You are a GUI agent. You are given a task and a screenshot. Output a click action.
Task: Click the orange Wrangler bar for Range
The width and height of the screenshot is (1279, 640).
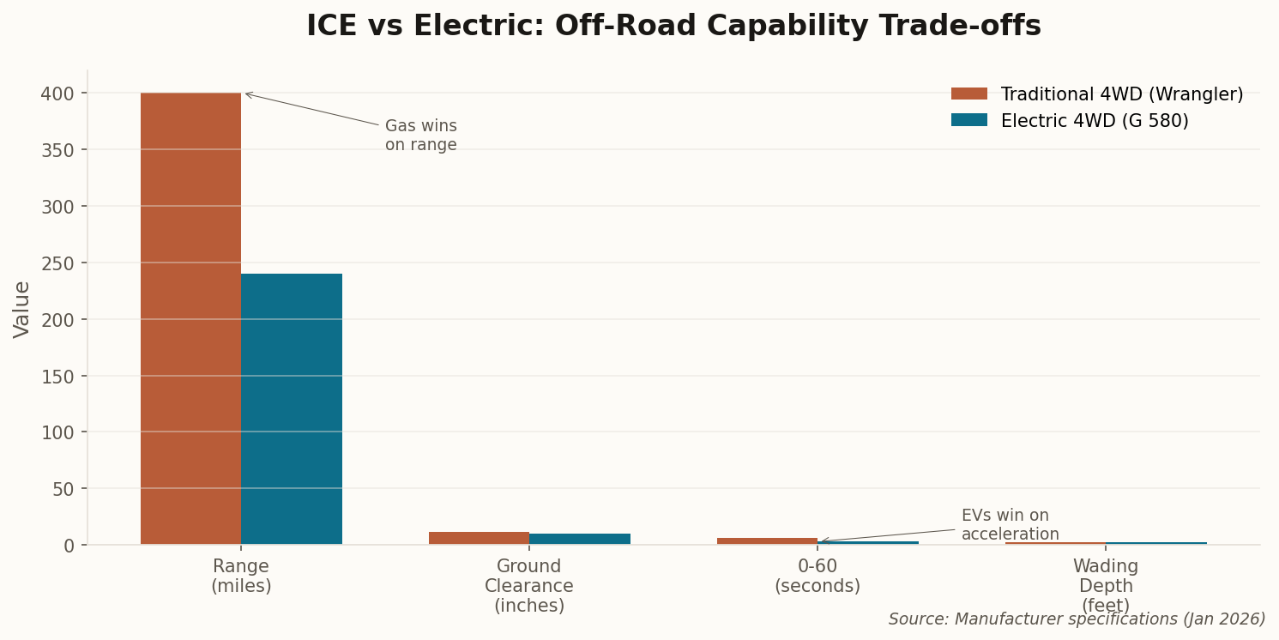click(190, 318)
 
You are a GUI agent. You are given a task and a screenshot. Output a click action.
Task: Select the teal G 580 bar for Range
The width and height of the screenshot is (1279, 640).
click(292, 409)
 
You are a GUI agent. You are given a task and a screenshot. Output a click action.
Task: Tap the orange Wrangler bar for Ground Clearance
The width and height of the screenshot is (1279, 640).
click(479, 538)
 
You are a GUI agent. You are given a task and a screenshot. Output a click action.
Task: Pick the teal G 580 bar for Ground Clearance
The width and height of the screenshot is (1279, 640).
click(580, 539)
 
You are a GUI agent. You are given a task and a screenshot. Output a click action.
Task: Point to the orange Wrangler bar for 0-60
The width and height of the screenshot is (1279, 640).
click(767, 540)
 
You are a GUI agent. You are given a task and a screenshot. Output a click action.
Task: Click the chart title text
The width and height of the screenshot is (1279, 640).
click(673, 27)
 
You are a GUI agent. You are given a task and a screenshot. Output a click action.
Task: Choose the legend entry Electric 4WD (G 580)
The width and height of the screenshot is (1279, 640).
click(1094, 121)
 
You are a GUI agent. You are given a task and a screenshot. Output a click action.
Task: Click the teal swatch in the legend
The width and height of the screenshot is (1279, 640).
click(968, 121)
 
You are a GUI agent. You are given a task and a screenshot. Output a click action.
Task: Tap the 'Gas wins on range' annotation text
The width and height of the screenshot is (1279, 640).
click(420, 136)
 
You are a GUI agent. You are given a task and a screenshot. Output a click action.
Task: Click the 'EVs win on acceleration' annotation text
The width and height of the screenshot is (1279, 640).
click(1010, 525)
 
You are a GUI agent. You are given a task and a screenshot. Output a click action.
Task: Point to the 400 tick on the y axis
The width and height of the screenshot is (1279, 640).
click(57, 94)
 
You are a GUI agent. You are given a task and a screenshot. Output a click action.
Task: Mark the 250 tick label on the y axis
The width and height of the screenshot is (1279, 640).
click(57, 263)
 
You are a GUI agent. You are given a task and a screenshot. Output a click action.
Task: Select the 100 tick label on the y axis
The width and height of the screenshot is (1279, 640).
click(57, 432)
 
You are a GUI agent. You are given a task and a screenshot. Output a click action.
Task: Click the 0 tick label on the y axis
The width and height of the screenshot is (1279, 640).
click(69, 546)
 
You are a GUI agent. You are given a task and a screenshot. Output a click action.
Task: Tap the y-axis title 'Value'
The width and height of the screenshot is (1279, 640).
click(22, 309)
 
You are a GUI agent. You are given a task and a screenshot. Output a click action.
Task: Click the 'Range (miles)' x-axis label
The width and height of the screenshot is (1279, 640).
click(241, 577)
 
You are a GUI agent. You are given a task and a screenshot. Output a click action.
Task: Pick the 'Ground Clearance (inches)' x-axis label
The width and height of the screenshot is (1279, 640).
click(529, 586)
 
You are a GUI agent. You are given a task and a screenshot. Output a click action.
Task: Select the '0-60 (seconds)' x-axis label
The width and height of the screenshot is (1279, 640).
click(817, 577)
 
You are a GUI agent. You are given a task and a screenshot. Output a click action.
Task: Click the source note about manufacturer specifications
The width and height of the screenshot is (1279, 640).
click(1077, 619)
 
